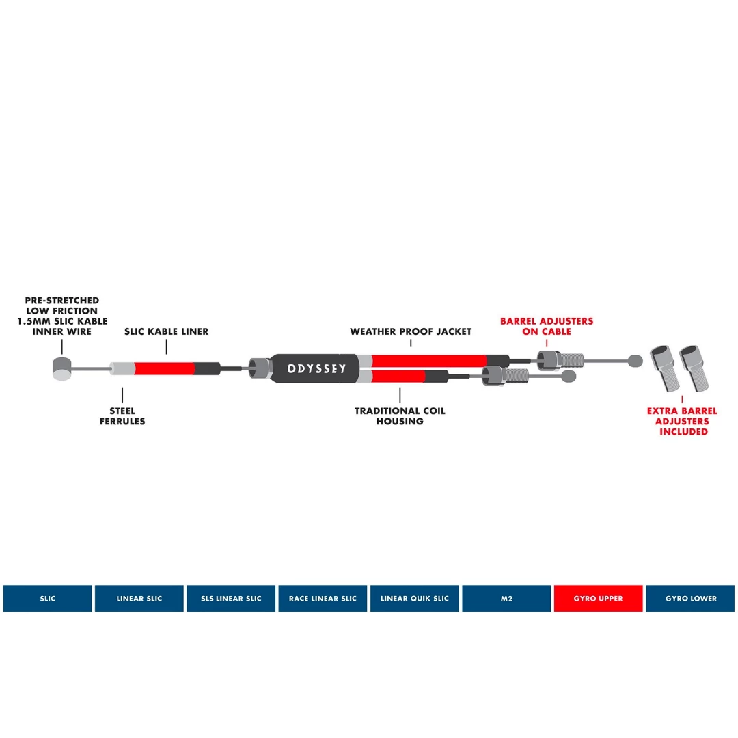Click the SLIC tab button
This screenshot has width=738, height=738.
point(47,599)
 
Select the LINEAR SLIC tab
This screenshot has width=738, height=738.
point(139,599)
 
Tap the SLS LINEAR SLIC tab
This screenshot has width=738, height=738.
point(231,599)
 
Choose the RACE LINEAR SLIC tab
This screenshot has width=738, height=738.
point(323,599)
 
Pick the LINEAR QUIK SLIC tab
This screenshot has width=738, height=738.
point(414,599)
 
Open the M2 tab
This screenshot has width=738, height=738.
point(506,599)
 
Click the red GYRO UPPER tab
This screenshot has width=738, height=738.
point(598,599)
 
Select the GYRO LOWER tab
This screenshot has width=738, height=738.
point(690,599)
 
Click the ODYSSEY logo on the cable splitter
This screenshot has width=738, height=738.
point(316,369)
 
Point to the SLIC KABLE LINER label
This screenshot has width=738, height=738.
point(166,331)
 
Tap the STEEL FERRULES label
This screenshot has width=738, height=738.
point(123,416)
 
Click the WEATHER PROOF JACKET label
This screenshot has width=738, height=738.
point(411,331)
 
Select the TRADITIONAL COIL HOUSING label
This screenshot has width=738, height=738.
point(400,416)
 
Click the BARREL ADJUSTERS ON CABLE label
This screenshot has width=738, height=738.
point(547,326)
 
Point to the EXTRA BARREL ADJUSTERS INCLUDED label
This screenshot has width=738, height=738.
point(683,422)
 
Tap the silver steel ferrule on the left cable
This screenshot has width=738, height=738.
point(122,369)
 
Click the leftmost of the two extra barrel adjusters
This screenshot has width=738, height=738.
point(663,368)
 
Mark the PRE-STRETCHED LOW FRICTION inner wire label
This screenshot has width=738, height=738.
point(62,316)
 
